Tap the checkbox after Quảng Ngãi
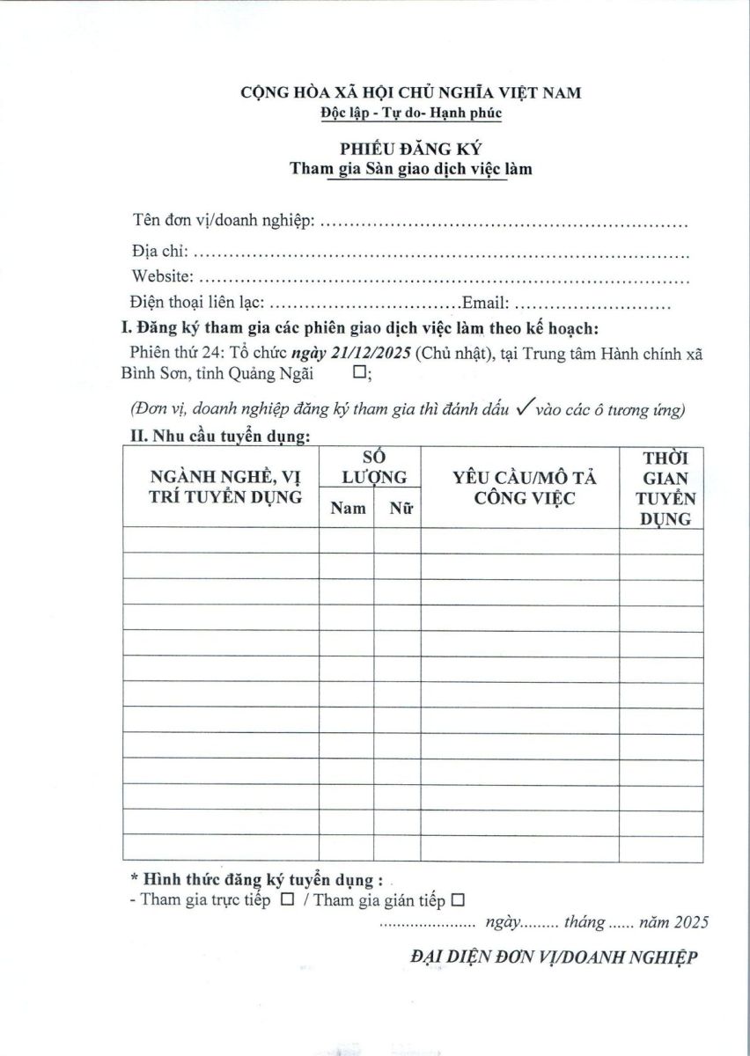(x=358, y=373)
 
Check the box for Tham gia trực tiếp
(x=287, y=900)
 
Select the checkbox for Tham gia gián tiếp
(x=457, y=900)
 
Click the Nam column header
(x=348, y=508)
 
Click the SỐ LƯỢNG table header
(x=373, y=467)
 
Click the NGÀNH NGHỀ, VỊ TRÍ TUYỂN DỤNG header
(x=226, y=487)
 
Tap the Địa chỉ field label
(x=157, y=252)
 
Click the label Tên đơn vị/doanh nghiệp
(x=224, y=219)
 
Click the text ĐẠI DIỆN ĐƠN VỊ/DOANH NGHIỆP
(x=554, y=957)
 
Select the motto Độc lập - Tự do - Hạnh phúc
(x=410, y=113)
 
